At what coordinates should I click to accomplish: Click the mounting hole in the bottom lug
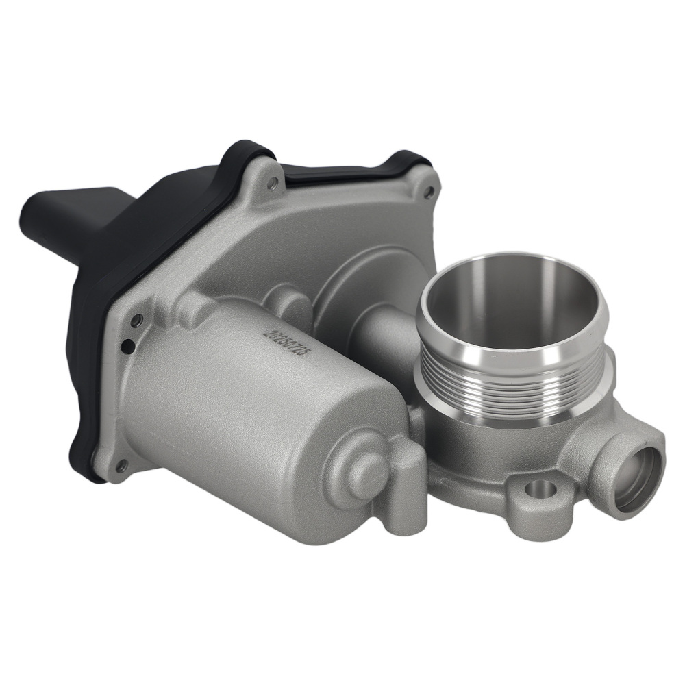[541, 489]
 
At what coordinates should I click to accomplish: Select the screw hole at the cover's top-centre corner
[273, 182]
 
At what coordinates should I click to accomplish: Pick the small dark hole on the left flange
[127, 347]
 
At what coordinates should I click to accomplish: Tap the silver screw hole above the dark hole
[137, 321]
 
